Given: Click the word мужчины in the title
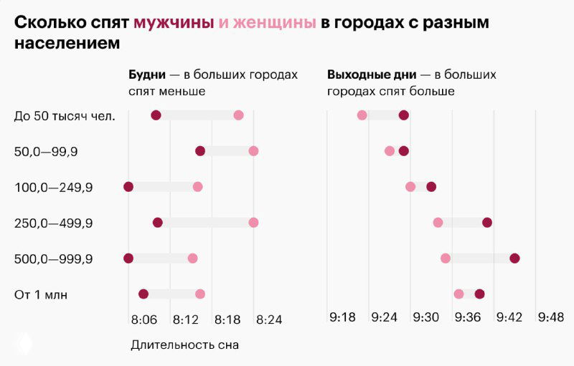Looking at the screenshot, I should pos(174,22).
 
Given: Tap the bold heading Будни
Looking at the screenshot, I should pos(147,74).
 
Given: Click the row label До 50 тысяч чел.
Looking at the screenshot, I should pos(65,115).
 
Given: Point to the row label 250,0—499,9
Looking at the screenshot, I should pos(53,223).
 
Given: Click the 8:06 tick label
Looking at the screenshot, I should pos(143,319).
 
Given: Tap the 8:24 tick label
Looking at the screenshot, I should pos(269,319).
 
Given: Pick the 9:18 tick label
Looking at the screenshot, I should pos(343,319).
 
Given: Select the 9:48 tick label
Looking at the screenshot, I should pos(551,319).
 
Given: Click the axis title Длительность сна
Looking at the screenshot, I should pos(184,345).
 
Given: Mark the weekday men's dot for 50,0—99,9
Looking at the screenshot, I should pos(200,151).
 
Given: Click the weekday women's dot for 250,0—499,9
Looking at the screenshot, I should pos(253,223).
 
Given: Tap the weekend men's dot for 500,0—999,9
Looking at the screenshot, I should pos(514,259).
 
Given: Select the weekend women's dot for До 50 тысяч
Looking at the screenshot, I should pos(362,115).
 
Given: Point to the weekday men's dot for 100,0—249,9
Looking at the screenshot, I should pos(128,187).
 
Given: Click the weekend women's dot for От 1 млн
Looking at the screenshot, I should pos(458,294).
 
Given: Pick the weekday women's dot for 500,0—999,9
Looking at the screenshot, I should pos(192,259).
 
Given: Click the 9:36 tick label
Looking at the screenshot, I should pos(468,319).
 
